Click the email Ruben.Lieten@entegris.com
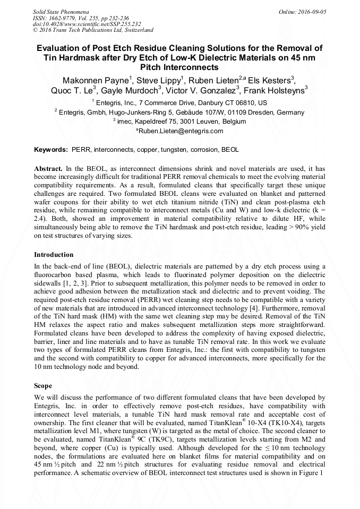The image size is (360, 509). [x=181, y=131]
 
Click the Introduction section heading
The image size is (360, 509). [x=54, y=255]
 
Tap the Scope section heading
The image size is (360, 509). [x=43, y=386]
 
